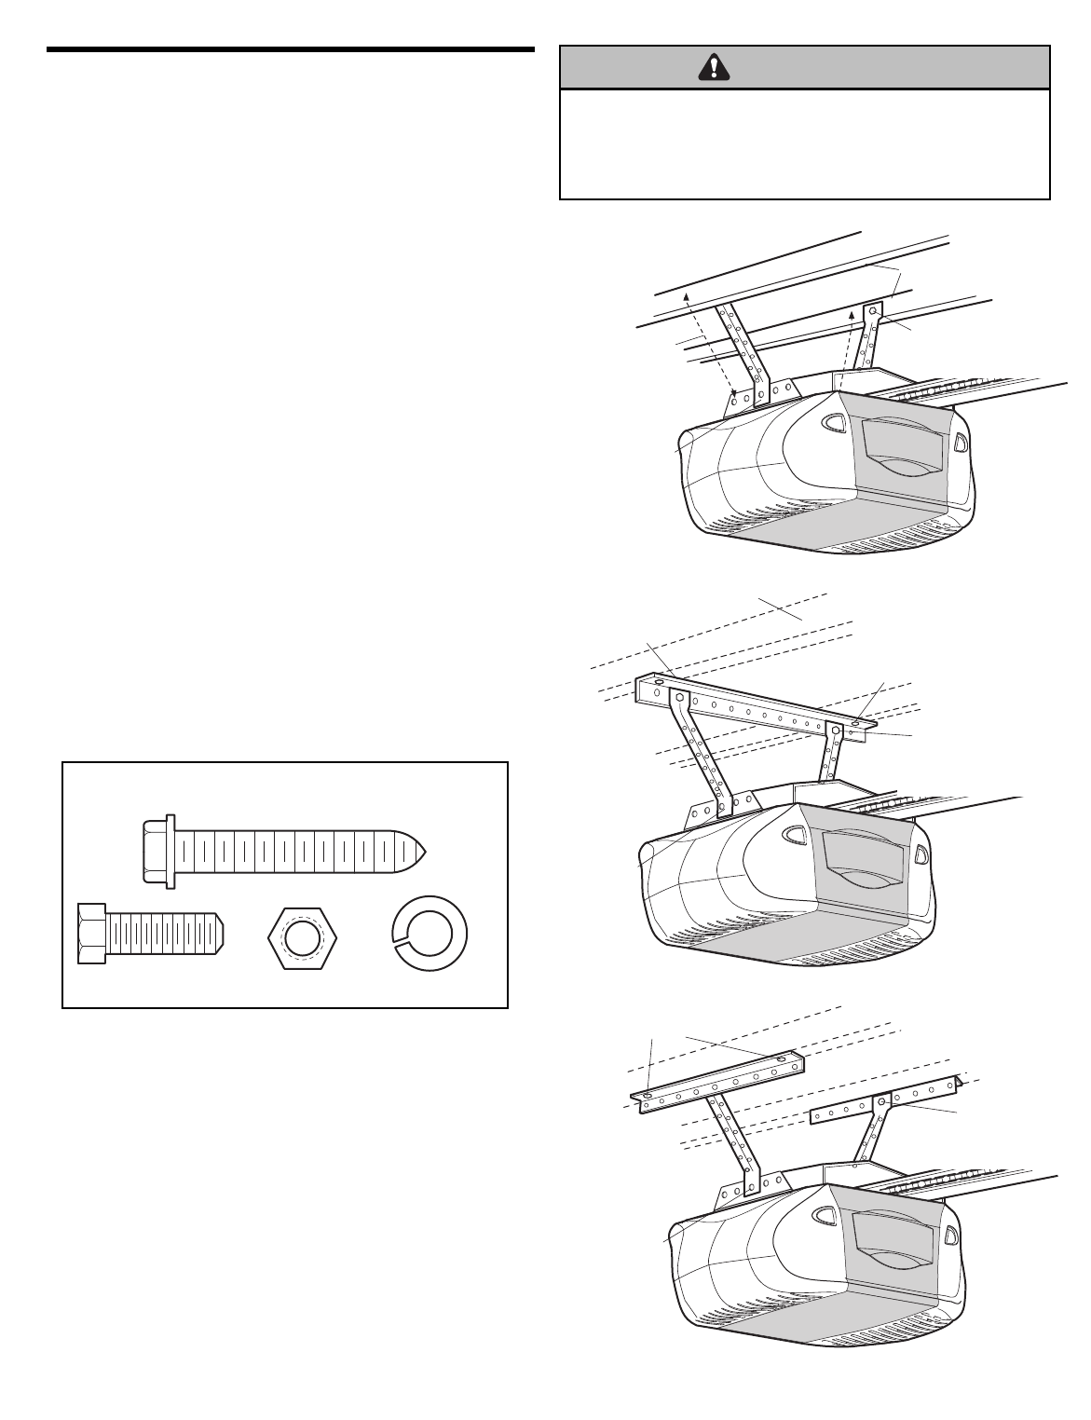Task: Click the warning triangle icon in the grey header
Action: coord(713,66)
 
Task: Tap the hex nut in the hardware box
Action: coord(301,936)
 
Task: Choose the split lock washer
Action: coord(429,936)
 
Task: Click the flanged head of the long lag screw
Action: coord(157,849)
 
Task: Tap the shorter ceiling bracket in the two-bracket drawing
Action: coord(885,1101)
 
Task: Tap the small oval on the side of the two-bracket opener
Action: coord(950,1236)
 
